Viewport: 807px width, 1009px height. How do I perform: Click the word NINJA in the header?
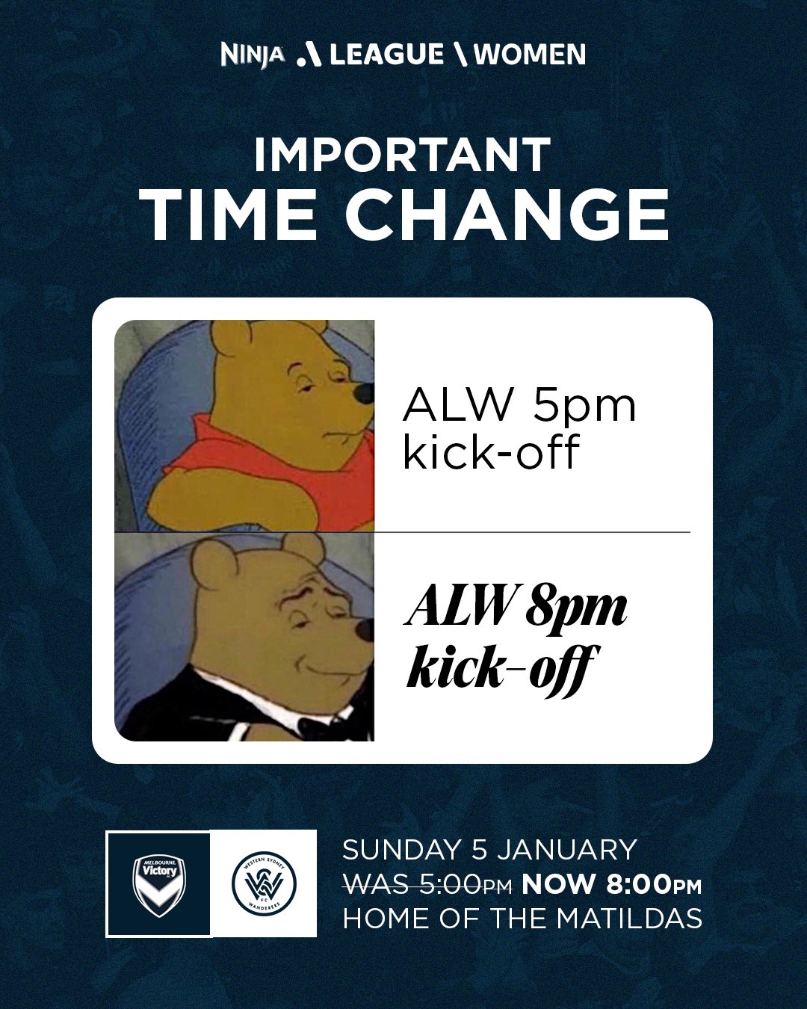253,55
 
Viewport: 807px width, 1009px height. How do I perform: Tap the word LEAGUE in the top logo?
386,55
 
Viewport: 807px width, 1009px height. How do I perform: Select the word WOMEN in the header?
530,55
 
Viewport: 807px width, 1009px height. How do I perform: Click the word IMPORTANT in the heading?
403,155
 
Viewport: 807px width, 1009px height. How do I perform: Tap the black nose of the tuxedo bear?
365,629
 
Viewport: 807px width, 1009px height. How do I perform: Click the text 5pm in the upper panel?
584,407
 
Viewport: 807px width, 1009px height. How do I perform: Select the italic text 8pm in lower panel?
576,607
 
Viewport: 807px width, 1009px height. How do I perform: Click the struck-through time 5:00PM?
466,885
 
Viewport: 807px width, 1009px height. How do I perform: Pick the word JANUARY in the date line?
566,851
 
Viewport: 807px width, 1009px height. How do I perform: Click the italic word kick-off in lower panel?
501,667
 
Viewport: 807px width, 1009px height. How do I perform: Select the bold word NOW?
559,885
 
